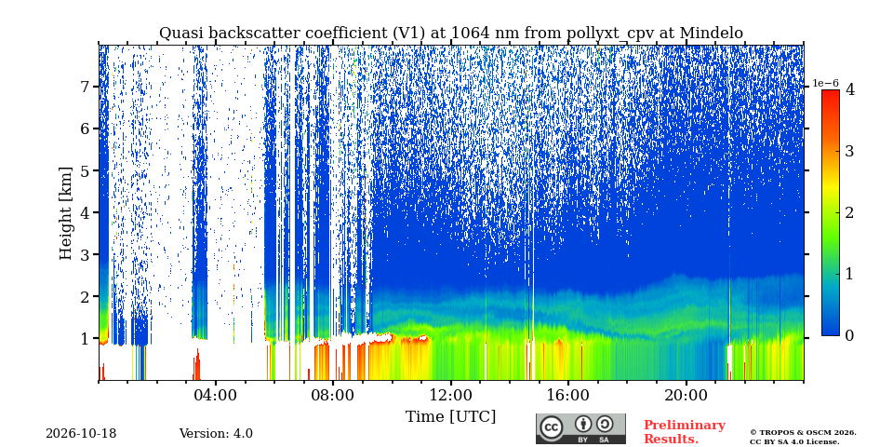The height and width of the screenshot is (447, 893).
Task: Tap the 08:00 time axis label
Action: (333, 395)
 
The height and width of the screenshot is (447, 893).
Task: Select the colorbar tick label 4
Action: (849, 89)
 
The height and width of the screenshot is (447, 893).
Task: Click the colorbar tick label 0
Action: (849, 336)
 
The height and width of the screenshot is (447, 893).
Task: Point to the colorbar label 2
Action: (849, 212)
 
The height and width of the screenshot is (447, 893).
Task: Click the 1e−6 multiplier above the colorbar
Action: (825, 83)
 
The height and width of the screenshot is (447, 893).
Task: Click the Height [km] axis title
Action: (66, 213)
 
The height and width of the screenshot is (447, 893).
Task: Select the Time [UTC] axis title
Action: (450, 417)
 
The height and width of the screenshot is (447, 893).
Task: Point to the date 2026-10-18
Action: (81, 434)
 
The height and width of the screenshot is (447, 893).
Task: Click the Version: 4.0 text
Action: (216, 434)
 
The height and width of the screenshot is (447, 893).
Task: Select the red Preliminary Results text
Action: (685, 432)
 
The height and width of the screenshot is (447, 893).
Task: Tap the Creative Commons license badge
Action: (580, 428)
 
